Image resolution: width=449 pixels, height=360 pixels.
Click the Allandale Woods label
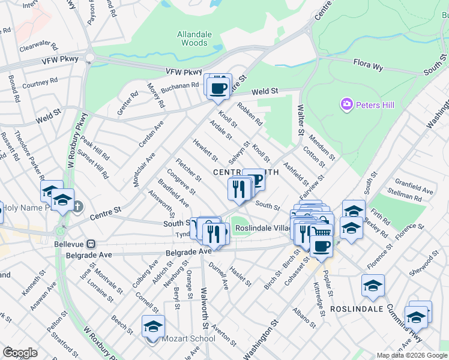pos(194,38)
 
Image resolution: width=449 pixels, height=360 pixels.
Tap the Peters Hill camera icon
pos(346,106)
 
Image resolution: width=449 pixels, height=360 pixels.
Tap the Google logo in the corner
pos(20,352)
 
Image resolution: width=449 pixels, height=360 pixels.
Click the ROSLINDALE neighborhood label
pos(356,309)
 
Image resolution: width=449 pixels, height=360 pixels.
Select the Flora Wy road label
pos(368,65)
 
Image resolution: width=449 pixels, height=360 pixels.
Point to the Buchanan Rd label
pos(179,85)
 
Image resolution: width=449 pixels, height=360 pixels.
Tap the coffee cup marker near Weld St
pos(218,88)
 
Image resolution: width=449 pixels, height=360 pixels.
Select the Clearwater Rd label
pos(37,46)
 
